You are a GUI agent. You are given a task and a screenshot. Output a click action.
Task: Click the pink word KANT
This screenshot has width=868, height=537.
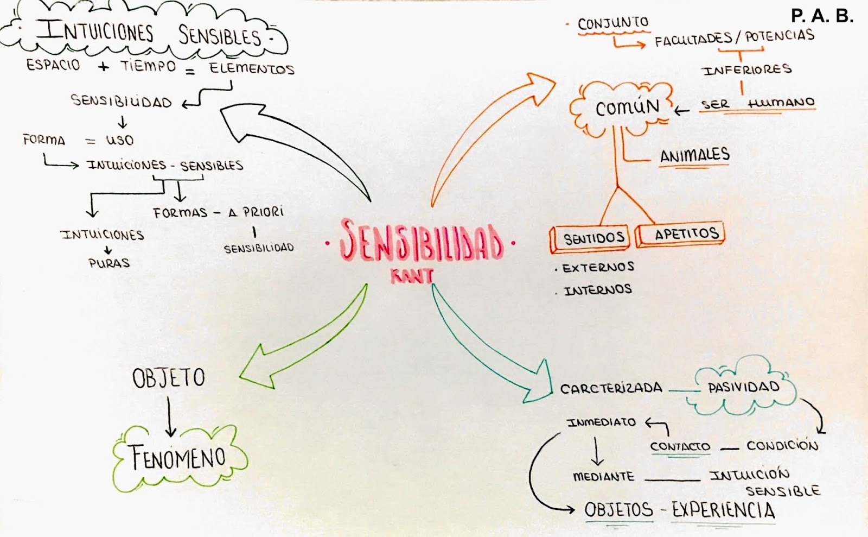(412, 276)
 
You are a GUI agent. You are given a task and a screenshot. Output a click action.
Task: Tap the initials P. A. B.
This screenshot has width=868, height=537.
(821, 16)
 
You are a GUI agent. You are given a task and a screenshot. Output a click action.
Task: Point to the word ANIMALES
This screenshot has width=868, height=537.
(694, 155)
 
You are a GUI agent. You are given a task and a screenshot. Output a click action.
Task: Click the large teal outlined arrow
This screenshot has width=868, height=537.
(488, 348)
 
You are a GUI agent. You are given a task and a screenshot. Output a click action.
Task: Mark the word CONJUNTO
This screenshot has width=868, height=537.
(613, 23)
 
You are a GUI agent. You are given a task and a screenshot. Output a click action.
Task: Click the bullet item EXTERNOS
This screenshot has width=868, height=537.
(598, 267)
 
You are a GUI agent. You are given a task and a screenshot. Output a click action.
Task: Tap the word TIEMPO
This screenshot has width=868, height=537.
(148, 66)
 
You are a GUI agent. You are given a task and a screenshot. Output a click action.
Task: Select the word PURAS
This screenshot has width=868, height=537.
(109, 263)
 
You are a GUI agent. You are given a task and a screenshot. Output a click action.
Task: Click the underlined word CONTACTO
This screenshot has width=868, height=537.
(680, 446)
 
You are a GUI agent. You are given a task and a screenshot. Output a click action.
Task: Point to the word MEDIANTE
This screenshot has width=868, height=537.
(603, 477)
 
